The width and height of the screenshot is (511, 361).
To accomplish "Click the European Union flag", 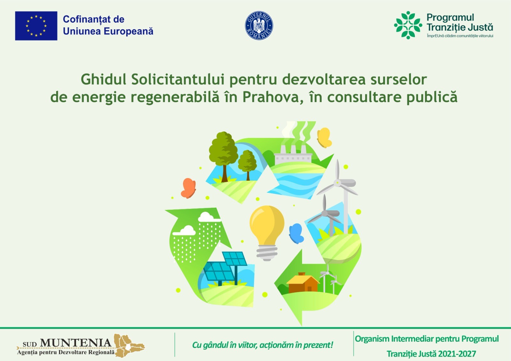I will point(36,26).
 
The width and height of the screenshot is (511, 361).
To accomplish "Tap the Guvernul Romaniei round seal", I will point(259,26).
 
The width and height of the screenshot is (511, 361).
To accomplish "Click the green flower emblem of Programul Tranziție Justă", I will point(408,25).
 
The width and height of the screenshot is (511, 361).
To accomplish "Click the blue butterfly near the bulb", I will point(296,233).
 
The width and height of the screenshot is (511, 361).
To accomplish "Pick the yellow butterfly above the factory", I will point(324,138).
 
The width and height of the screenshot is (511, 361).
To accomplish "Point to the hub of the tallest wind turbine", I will point(338,183).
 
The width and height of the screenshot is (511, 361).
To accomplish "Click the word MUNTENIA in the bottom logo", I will point(75,343).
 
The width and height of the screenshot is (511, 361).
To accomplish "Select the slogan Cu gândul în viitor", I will point(262,345).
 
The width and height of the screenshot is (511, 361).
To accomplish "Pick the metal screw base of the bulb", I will point(267,252).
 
